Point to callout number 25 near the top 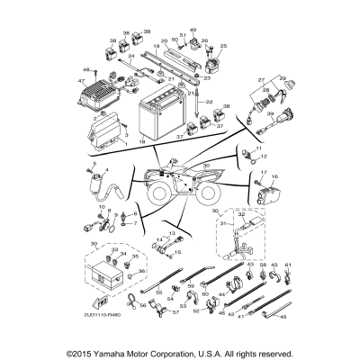224,45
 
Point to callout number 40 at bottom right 287,317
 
